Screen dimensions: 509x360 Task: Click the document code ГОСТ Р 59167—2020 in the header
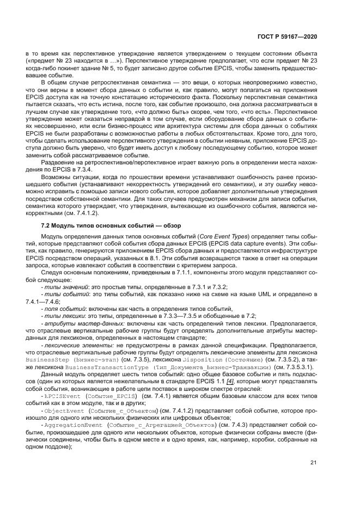(287, 36)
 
